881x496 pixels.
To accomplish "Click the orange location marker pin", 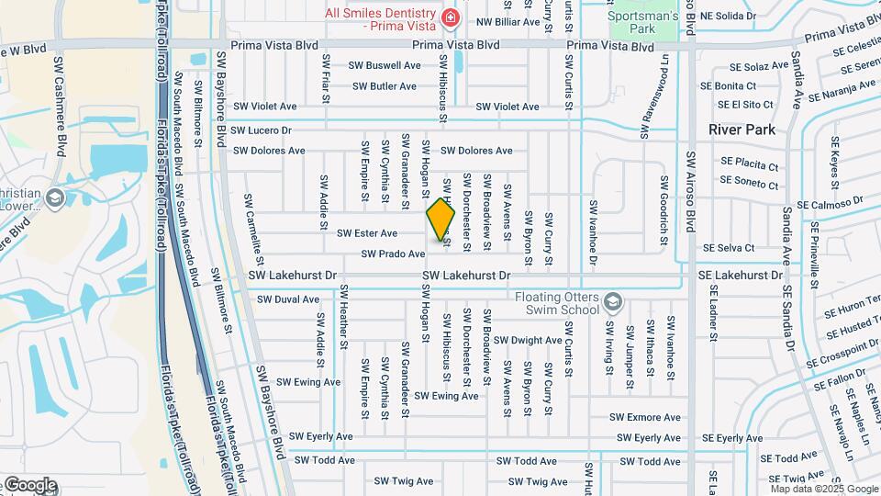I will pos(440,219).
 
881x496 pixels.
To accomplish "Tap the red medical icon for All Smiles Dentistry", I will pos(450,17).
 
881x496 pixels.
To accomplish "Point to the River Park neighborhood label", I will pos(742,130).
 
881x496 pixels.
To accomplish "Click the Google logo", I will pos(29,485).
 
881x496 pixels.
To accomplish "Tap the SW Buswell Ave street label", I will pos(384,65).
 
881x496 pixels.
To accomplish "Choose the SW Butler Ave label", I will pos(385,86).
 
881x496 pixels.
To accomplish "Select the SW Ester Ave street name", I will pos(367,233).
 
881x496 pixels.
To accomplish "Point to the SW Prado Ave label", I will pos(393,254).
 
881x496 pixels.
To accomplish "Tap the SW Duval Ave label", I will pos(288,299).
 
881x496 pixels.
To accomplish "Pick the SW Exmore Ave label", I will pos(648,417).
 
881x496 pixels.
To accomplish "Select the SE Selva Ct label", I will pos(729,248).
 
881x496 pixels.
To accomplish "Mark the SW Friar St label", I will pos(325,74).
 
